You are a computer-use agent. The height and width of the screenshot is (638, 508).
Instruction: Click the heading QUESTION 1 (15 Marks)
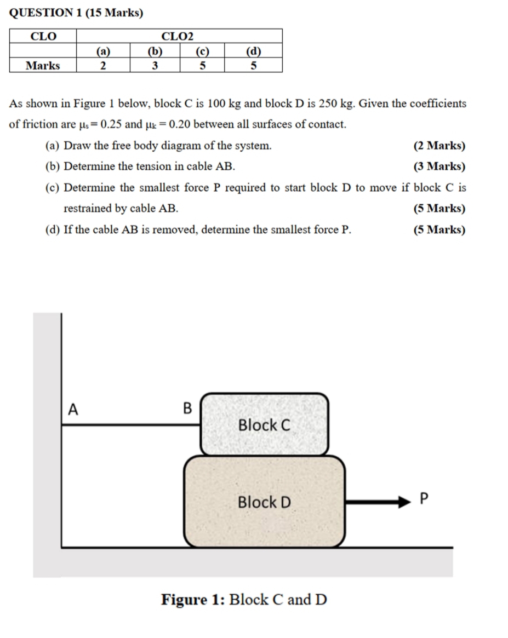(x=76, y=12)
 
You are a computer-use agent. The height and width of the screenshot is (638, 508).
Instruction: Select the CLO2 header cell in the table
(x=178, y=36)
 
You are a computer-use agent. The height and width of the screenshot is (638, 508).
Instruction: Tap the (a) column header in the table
(x=103, y=51)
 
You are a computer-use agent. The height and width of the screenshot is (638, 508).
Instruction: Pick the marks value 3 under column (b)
(x=155, y=66)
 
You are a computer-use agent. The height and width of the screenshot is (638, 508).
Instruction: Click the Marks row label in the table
(x=43, y=66)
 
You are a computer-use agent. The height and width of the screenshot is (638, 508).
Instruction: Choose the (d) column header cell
(x=253, y=51)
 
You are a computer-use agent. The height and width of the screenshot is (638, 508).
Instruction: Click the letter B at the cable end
(x=187, y=409)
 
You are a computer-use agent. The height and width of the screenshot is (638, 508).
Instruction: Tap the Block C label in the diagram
(x=264, y=425)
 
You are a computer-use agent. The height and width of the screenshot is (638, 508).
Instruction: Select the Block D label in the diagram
(x=264, y=502)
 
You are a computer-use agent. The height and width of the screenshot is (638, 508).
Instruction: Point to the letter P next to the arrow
(x=422, y=499)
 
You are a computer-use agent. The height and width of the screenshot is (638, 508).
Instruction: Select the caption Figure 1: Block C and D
(x=244, y=600)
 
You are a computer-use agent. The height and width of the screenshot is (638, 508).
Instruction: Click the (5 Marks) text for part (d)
(x=439, y=229)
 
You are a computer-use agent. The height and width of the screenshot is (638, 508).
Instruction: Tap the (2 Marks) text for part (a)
(x=439, y=146)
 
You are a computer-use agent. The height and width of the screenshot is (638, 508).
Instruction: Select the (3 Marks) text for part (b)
(x=439, y=166)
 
